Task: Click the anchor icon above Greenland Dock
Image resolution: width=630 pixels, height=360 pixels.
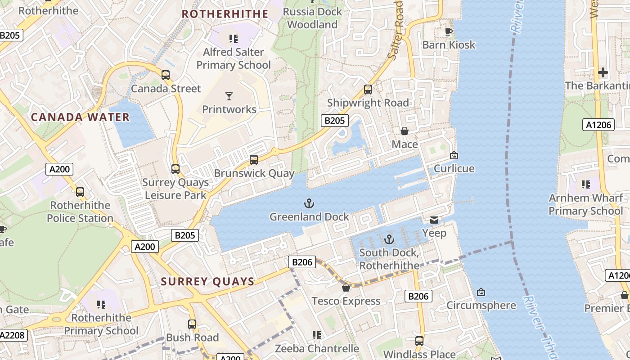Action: pyautogui.click(x=309, y=204)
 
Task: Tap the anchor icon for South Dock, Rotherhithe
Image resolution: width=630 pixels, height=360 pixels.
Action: pyautogui.click(x=389, y=239)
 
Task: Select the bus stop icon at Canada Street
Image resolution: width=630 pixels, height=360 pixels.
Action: pyautogui.click(x=166, y=75)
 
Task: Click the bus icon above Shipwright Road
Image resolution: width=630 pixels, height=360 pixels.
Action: pyautogui.click(x=368, y=90)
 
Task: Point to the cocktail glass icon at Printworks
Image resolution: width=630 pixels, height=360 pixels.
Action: pyautogui.click(x=229, y=96)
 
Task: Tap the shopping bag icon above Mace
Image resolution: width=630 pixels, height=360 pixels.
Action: pyautogui.click(x=405, y=131)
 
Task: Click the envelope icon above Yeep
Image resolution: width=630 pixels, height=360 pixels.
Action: pyautogui.click(x=434, y=220)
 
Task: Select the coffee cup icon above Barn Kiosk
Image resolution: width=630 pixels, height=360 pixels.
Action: pyautogui.click(x=448, y=31)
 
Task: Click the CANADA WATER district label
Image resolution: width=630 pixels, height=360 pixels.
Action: pyautogui.click(x=80, y=117)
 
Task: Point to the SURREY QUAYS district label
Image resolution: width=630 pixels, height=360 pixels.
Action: pyautogui.click(x=208, y=282)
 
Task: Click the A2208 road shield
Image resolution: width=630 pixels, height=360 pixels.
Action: pyautogui.click(x=13, y=335)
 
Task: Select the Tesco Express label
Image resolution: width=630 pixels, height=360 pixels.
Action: pyautogui.click(x=346, y=301)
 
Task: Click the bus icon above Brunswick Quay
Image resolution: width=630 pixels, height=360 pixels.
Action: pyautogui.click(x=254, y=160)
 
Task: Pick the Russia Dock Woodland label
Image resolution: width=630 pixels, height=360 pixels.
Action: pyautogui.click(x=312, y=18)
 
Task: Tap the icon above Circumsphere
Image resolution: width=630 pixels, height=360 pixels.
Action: pyautogui.click(x=481, y=292)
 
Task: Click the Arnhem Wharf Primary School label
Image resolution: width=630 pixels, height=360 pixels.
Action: pyautogui.click(x=585, y=204)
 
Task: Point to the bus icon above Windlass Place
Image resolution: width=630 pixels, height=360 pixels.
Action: pyautogui.click(x=419, y=341)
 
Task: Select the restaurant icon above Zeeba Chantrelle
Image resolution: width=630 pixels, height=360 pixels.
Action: pyautogui.click(x=317, y=335)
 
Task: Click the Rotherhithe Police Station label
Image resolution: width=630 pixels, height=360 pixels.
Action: pyautogui.click(x=80, y=211)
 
